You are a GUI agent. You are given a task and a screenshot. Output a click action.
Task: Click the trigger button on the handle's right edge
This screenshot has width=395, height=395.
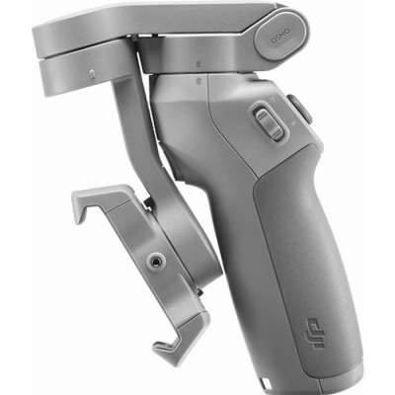(x=301, y=109)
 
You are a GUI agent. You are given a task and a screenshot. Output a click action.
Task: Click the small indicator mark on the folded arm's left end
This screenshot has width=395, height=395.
(x=91, y=73)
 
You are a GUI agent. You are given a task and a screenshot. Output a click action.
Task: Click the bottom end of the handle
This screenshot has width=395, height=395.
(x=296, y=380)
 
